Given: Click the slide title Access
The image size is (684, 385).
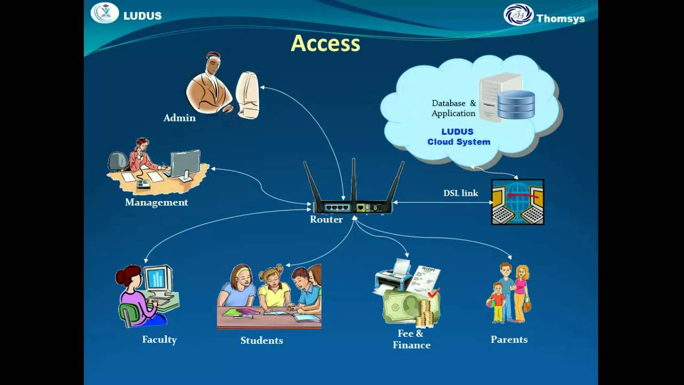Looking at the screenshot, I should tap(325, 43).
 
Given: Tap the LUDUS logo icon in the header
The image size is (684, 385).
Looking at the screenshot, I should tap(105, 13).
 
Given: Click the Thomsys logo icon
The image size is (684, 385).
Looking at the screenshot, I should tap(518, 14).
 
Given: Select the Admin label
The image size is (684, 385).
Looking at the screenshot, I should tap(180, 118).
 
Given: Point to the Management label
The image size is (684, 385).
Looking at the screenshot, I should tap(157, 202).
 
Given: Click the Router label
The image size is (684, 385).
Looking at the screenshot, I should tap(326, 219).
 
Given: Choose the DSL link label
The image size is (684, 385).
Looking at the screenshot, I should tap(461, 193).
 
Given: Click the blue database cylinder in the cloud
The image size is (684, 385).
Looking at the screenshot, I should tap(516, 105).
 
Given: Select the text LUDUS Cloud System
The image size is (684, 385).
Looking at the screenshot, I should tap(458, 137).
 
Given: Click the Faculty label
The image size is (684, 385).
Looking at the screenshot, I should tap(159, 340).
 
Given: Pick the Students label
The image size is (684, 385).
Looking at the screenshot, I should tap(262, 340).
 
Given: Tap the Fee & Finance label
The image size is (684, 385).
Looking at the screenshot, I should tap(411, 339).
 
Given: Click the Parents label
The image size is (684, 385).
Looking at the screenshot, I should tap(509, 340).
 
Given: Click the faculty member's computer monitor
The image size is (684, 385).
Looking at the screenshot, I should tap(157, 278).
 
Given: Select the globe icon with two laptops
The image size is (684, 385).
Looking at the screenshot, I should tap(517, 202).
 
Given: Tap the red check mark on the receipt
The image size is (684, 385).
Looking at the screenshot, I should tap(433, 292).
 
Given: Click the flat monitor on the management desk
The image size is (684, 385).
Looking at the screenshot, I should tap(185, 164).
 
